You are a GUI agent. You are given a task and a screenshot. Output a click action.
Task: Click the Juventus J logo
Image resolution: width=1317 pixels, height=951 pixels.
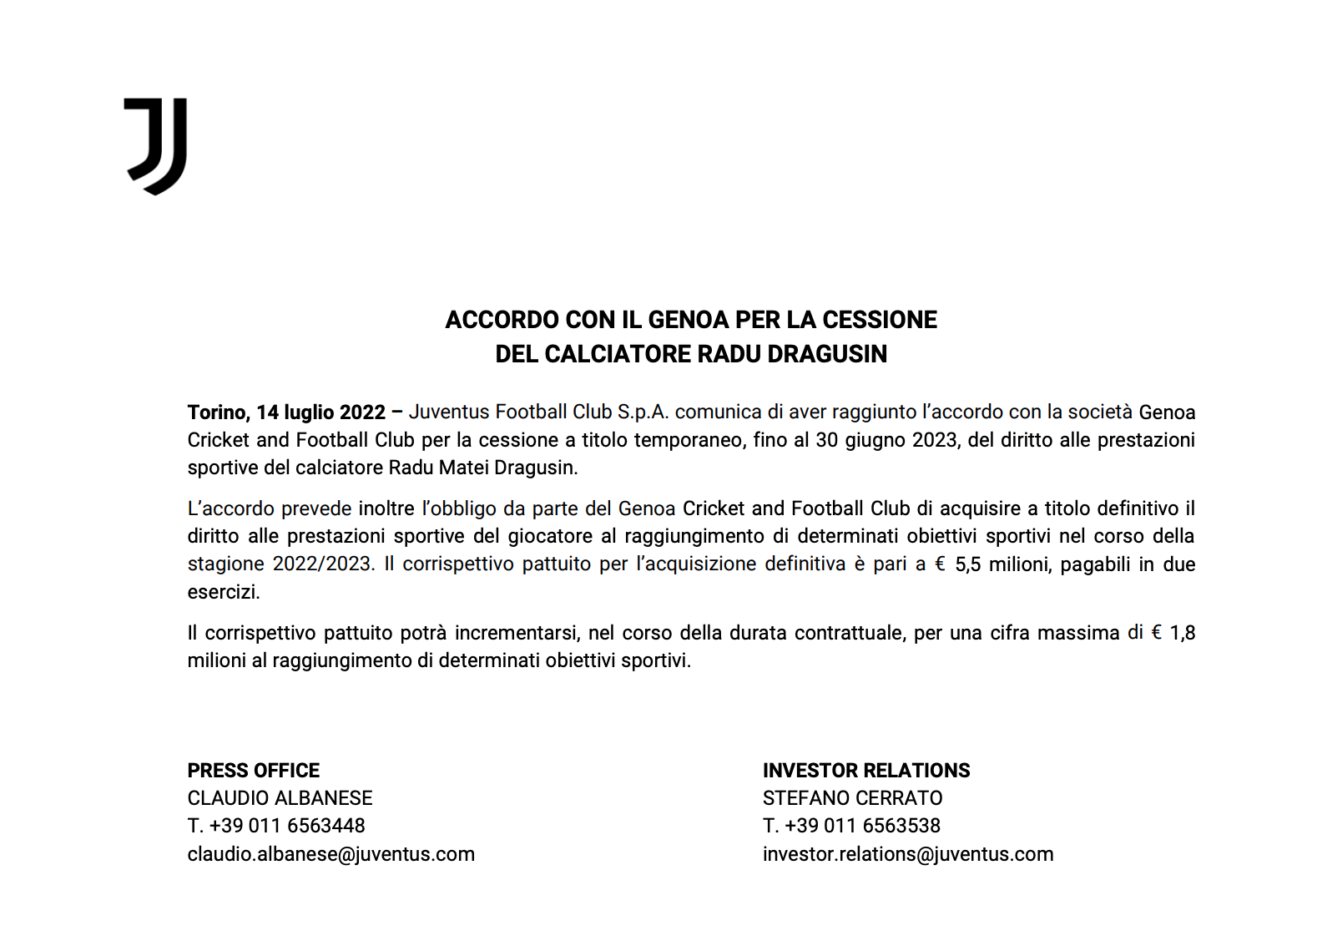click(156, 145)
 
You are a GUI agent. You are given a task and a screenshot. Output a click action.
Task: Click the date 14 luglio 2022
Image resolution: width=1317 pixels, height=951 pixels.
click(321, 412)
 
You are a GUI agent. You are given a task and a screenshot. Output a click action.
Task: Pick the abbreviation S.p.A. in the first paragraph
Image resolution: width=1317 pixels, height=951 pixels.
click(643, 412)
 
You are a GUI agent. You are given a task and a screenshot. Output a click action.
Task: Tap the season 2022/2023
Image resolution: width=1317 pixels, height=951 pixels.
click(322, 564)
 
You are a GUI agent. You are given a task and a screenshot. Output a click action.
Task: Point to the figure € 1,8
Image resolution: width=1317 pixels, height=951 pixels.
click(1173, 633)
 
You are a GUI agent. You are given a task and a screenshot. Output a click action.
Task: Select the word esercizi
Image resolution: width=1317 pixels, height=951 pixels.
click(224, 592)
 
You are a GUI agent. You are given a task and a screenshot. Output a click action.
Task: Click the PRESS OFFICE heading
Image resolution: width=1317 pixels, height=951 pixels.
click(254, 771)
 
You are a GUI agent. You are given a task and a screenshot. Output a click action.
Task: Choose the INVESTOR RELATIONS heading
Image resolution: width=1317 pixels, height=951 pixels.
click(866, 771)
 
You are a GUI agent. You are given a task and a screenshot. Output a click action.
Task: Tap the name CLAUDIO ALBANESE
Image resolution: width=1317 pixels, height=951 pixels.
click(280, 798)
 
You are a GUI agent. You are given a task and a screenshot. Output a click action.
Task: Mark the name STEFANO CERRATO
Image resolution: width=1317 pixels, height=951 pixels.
click(852, 798)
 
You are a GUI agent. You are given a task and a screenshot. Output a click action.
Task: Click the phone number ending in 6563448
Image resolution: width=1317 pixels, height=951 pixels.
click(276, 826)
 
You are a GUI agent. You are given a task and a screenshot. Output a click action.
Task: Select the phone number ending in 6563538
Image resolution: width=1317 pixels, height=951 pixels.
click(851, 826)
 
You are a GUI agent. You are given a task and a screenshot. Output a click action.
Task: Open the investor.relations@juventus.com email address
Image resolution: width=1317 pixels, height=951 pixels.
click(908, 854)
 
